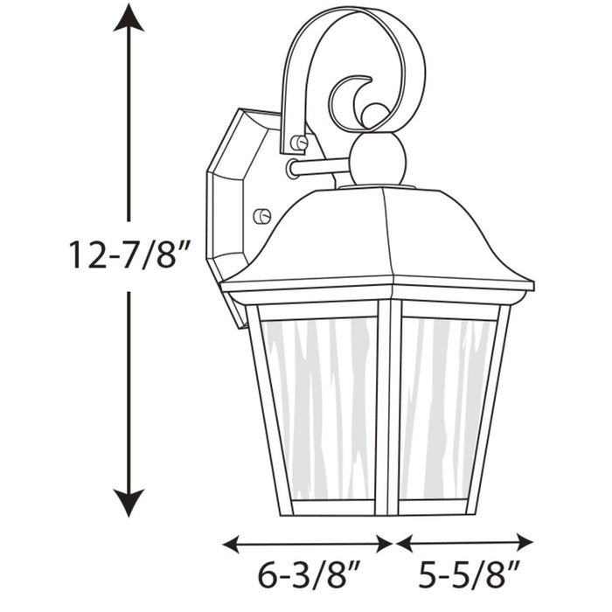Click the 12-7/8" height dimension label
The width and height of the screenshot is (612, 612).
point(129,254)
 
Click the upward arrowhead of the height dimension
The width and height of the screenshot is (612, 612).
point(129,17)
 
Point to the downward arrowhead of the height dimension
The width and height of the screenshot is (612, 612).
point(129,503)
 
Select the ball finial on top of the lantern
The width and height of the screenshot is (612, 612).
point(378,159)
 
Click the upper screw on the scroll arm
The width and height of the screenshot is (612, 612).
point(299,143)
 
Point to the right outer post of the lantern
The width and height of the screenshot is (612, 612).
point(490,411)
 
